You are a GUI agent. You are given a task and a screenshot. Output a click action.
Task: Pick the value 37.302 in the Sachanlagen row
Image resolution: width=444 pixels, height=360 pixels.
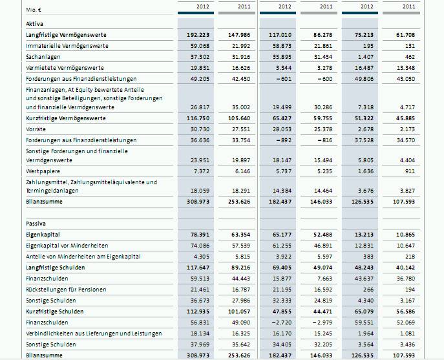[199, 57]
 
